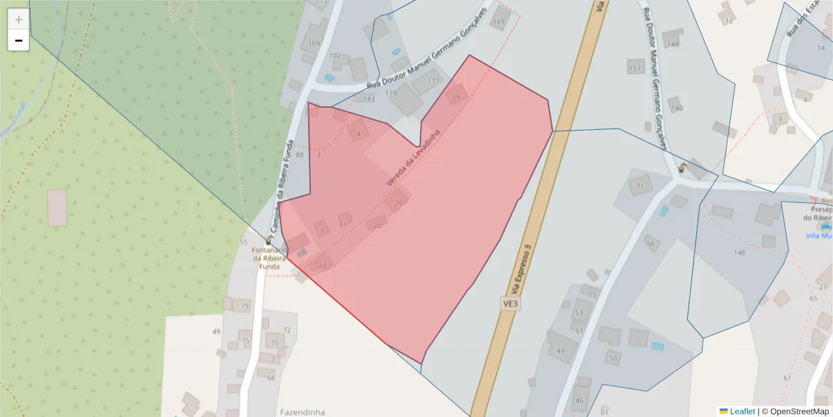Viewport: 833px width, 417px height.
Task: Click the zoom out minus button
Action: point(19,41)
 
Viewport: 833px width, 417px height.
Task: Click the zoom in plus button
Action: point(19,19)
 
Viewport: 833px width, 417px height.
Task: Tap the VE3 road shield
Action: point(510,304)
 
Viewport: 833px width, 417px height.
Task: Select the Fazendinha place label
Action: point(302,412)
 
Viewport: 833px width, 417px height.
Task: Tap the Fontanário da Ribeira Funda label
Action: point(269,258)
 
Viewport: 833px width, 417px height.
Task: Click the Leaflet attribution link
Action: point(742,411)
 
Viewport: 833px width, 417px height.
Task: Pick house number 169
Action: point(498,22)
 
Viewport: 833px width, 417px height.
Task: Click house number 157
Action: point(634,69)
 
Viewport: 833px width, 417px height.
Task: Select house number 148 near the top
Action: point(672,44)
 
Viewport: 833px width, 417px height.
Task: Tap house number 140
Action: point(677,108)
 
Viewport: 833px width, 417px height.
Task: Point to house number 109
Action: point(314,44)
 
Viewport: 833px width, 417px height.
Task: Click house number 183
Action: point(369,99)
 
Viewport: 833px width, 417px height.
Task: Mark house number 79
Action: point(244,306)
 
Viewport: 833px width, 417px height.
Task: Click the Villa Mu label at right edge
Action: point(818,236)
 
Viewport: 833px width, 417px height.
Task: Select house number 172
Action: point(434,81)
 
